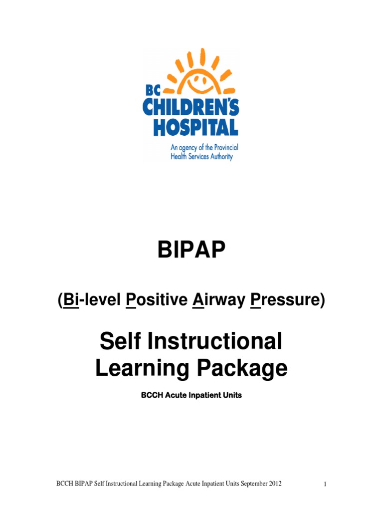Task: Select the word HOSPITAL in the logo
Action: (x=195, y=127)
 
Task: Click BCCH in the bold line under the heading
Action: (x=153, y=395)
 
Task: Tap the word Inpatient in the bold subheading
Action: (x=204, y=395)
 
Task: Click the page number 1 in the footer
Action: (x=325, y=485)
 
